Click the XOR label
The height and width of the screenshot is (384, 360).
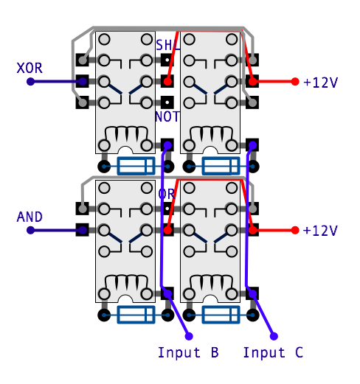[30, 68]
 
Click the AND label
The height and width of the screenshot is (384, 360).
[30, 217]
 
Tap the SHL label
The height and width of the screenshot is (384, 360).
[168, 46]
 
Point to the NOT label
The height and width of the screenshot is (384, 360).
[167, 116]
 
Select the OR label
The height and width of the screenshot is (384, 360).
[167, 194]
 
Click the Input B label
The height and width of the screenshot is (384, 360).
[188, 352]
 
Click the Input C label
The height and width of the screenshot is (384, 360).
[273, 352]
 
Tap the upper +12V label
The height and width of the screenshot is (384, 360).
[320, 83]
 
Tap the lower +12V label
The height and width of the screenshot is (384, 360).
[320, 231]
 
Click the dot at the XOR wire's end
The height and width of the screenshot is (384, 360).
[30, 82]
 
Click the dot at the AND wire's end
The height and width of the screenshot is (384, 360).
[30, 230]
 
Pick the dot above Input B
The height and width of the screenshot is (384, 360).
[189, 336]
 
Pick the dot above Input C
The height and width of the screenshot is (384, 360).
[274, 336]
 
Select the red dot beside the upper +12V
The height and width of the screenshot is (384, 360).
[295, 82]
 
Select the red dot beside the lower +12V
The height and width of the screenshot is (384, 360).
[295, 230]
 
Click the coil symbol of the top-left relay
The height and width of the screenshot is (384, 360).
[126, 134]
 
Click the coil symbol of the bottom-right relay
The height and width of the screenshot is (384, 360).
[211, 283]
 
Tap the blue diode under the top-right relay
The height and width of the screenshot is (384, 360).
[221, 166]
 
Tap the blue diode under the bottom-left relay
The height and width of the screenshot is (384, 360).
[136, 315]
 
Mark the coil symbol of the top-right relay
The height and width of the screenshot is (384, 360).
[211, 134]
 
